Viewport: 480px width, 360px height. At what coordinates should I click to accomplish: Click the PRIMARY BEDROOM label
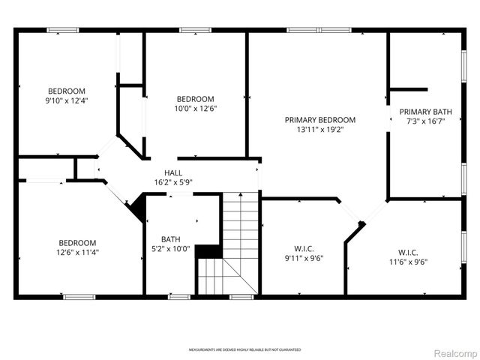tap(319, 120)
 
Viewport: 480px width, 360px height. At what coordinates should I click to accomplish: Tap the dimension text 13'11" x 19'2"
tap(319, 130)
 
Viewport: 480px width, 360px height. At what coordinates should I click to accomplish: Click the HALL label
tap(173, 172)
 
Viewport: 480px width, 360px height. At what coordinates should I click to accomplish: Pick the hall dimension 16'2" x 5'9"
tap(173, 182)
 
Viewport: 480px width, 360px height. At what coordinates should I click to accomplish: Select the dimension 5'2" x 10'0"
tap(172, 249)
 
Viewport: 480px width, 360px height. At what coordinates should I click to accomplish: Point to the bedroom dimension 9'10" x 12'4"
tap(67, 100)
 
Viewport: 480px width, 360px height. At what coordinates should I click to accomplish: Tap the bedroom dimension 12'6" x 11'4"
tap(78, 252)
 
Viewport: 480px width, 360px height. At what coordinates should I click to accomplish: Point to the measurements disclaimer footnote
tap(244, 350)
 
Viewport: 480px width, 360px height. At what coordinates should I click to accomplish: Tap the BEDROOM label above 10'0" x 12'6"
tap(195, 99)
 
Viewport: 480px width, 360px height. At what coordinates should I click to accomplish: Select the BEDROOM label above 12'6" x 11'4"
tap(78, 242)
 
